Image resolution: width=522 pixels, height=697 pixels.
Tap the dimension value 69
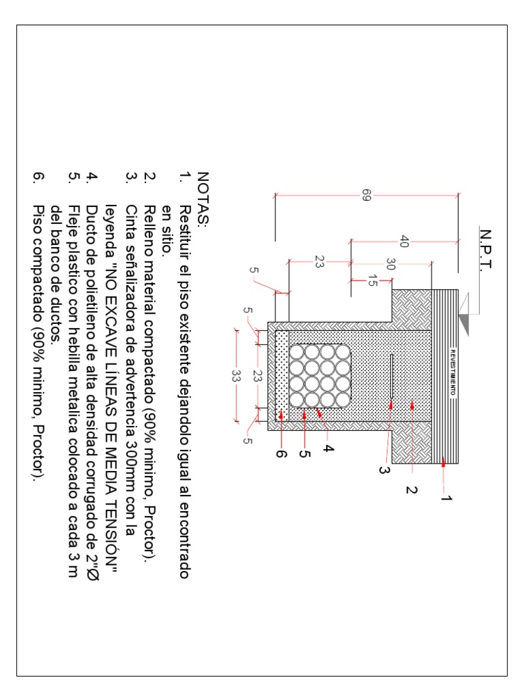(367, 196)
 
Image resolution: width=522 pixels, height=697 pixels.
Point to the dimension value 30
(390, 264)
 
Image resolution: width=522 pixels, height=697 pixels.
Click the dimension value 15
(371, 280)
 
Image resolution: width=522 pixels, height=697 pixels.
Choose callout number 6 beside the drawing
(281, 454)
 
